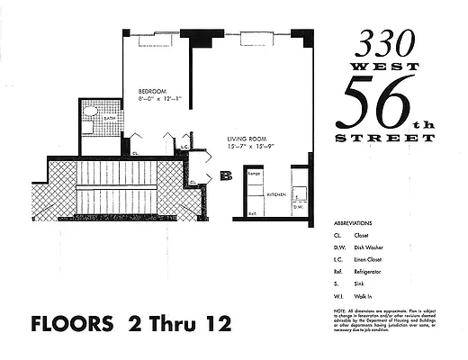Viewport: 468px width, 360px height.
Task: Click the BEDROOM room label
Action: click(150, 91)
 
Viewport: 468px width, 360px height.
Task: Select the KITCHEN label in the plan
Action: click(275, 193)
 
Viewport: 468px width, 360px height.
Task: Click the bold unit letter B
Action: click(226, 175)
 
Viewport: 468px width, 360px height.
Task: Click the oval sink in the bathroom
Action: click(89, 114)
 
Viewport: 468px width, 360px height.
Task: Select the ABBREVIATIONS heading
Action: click(356, 221)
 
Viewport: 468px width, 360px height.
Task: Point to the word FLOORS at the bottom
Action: click(66, 321)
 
